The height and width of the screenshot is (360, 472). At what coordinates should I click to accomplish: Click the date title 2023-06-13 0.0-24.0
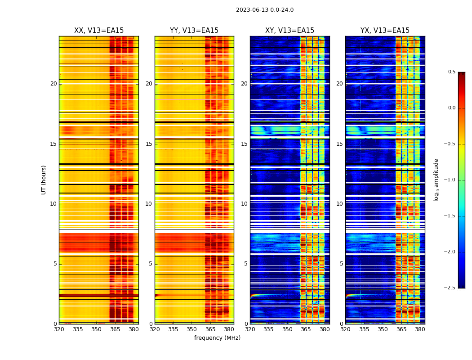click(265, 10)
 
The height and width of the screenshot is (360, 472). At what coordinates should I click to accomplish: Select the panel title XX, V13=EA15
click(99, 31)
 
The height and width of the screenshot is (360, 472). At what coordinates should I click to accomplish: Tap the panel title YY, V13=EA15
click(194, 31)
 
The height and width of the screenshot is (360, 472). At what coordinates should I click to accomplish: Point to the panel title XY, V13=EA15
click(289, 31)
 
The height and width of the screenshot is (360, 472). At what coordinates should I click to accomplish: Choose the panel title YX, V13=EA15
click(385, 31)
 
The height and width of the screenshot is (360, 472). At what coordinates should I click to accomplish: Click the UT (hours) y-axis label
click(44, 180)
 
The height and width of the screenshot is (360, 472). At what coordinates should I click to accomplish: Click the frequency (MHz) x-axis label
click(217, 338)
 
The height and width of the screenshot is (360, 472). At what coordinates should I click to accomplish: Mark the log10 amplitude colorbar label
click(436, 180)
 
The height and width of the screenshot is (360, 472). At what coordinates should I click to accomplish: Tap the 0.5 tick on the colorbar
click(451, 72)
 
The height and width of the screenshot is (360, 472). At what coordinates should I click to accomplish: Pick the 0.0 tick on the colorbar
click(451, 108)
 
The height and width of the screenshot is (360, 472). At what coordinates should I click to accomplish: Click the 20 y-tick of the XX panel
click(53, 84)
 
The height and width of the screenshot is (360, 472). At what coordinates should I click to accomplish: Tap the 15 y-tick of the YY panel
click(149, 144)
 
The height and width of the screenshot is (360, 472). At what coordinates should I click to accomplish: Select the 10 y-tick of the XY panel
click(244, 204)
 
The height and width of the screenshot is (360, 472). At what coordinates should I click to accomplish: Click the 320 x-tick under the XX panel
click(59, 329)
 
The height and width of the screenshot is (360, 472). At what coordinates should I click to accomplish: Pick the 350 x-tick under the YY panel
click(192, 329)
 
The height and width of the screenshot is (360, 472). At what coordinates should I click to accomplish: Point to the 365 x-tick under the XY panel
click(306, 329)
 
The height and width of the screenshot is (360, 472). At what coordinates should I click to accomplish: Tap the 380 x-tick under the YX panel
click(420, 329)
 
